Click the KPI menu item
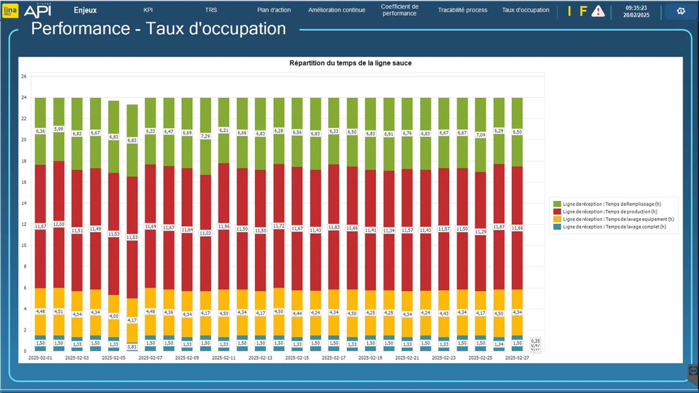(148, 10)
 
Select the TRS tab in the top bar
(211, 10)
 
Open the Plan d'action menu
(274, 10)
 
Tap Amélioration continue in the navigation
(337, 10)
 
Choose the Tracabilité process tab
(463, 10)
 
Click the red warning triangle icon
(598, 11)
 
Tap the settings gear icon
(681, 11)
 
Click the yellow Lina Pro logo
(10, 10)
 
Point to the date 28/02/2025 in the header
(636, 15)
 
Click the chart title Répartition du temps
(350, 63)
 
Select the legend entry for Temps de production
(609, 212)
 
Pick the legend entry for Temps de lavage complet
(614, 227)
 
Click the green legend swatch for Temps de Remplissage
(557, 204)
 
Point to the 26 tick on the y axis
(24, 76)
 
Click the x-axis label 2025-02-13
(260, 358)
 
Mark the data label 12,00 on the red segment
(59, 224)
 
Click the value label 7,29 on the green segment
(205, 136)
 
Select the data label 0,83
(132, 347)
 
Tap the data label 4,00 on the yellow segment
(114, 316)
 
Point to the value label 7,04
(480, 135)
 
